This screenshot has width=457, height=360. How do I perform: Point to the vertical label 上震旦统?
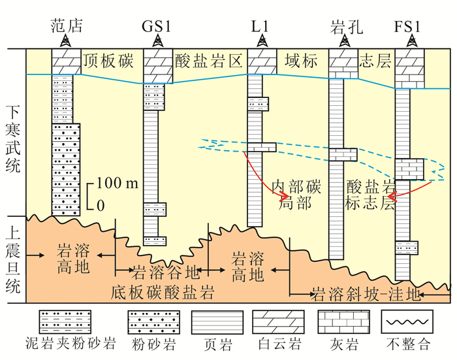pyautogui.click(x=12, y=259)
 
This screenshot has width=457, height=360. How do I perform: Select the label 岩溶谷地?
pyautogui.click(x=157, y=270)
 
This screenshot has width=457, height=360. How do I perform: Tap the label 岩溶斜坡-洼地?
pyautogui.click(x=365, y=292)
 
